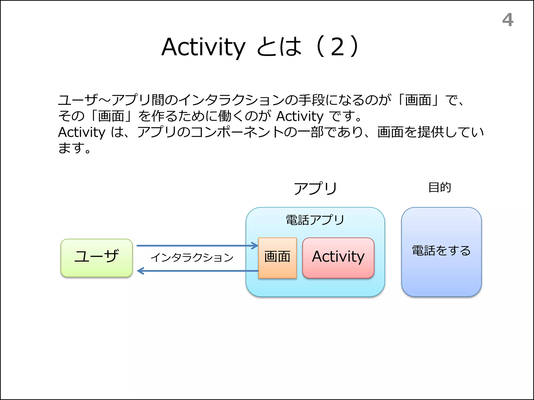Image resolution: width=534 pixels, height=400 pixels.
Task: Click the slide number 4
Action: pyautogui.click(x=508, y=20)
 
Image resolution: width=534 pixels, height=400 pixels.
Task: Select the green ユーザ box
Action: pyautogui.click(x=97, y=258)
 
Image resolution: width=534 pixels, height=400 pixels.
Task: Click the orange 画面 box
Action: pyautogui.click(x=277, y=258)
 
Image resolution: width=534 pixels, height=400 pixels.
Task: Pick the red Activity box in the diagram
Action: pyautogui.click(x=338, y=258)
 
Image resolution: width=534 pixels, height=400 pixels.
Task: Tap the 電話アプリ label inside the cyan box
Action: pyautogui.click(x=315, y=220)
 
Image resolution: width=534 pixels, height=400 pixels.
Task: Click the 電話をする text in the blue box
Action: pyautogui.click(x=441, y=251)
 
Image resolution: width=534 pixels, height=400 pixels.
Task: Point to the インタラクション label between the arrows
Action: pyautogui.click(x=192, y=258)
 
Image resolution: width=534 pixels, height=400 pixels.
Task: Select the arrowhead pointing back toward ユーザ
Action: pyautogui.click(x=140, y=271)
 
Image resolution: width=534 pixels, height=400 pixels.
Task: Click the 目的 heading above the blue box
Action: pyautogui.click(x=440, y=187)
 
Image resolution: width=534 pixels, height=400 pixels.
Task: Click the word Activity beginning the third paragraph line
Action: pyautogui.click(x=81, y=132)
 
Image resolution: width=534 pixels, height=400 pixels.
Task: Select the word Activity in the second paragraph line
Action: pyautogui.click(x=300, y=116)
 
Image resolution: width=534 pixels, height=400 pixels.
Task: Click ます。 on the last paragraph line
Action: pyautogui.click(x=74, y=148)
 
